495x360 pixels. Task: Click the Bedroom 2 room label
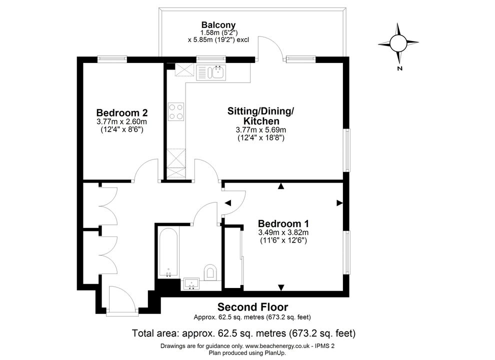pyautogui.click(x=122, y=112)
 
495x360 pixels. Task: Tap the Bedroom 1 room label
pyautogui.click(x=283, y=223)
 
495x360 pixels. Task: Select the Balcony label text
pyautogui.click(x=218, y=24)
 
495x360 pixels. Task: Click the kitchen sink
pyautogui.click(x=211, y=72)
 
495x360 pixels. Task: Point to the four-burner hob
pyautogui.click(x=176, y=112)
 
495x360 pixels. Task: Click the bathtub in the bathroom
pyautogui.click(x=168, y=252)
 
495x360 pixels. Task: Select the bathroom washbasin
pyautogui.click(x=191, y=283)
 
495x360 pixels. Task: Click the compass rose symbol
pyautogui.click(x=398, y=43)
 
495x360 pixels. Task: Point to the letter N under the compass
pyautogui.click(x=399, y=68)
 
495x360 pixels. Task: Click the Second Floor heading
pyautogui.click(x=252, y=307)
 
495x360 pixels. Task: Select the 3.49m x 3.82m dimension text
pyautogui.click(x=283, y=232)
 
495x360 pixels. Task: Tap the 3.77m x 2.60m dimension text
pyautogui.click(x=122, y=121)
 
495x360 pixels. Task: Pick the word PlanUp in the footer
pyautogui.click(x=276, y=352)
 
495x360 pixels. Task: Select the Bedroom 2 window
pyautogui.click(x=112, y=58)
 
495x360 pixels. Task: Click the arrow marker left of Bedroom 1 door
pyautogui.click(x=228, y=203)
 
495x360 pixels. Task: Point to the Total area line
pyautogui.click(x=243, y=333)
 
